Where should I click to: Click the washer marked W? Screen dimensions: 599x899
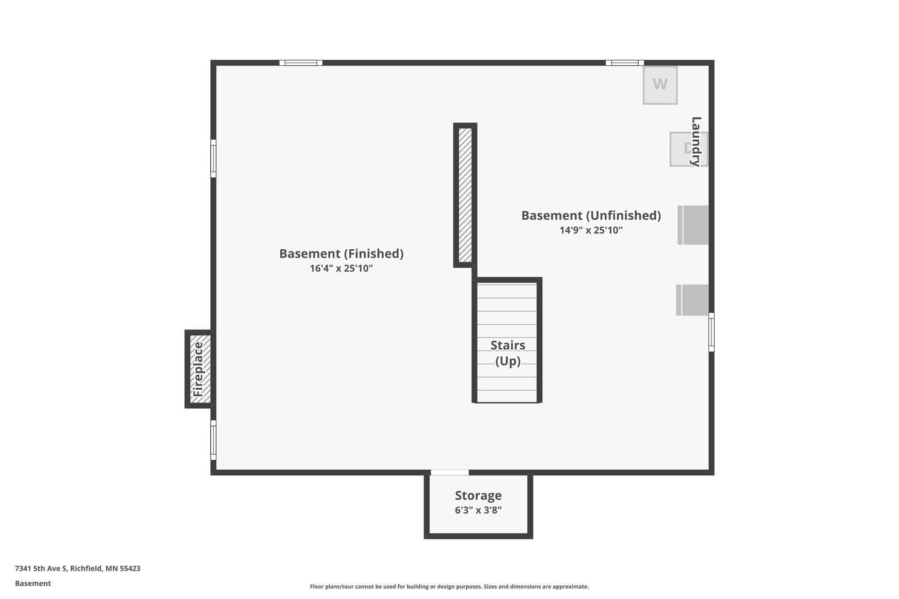(660, 85)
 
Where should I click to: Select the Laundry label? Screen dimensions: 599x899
(696, 141)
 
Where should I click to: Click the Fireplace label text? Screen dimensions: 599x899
(198, 369)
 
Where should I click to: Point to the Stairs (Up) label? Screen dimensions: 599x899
(508, 353)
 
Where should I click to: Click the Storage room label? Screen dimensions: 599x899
(478, 495)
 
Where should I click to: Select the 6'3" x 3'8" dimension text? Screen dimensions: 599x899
(478, 510)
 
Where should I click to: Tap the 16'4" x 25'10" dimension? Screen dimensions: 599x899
(341, 268)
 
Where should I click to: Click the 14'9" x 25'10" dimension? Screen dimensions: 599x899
(591, 230)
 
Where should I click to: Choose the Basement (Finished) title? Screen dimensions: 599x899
(341, 254)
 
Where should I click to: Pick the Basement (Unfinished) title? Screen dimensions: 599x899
(591, 215)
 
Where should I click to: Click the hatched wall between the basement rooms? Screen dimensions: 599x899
(465, 195)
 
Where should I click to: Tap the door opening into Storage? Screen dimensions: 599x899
(449, 473)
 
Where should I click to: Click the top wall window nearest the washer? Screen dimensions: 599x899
(625, 63)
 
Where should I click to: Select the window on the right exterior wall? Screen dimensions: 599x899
(711, 332)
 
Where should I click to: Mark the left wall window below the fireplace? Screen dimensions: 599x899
(213, 440)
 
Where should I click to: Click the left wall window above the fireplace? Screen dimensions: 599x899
(213, 158)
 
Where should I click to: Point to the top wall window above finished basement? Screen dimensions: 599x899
(301, 63)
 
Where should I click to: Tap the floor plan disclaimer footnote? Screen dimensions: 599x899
(449, 586)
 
